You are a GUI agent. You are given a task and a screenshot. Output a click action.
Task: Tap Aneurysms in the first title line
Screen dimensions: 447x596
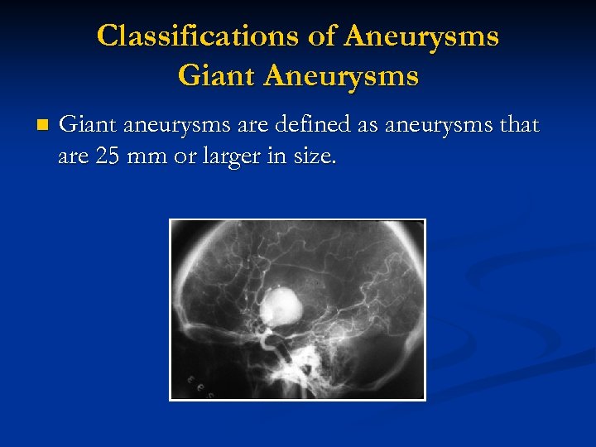[422, 36]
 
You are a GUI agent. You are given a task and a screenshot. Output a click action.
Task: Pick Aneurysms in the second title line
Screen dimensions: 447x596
[341, 76]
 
